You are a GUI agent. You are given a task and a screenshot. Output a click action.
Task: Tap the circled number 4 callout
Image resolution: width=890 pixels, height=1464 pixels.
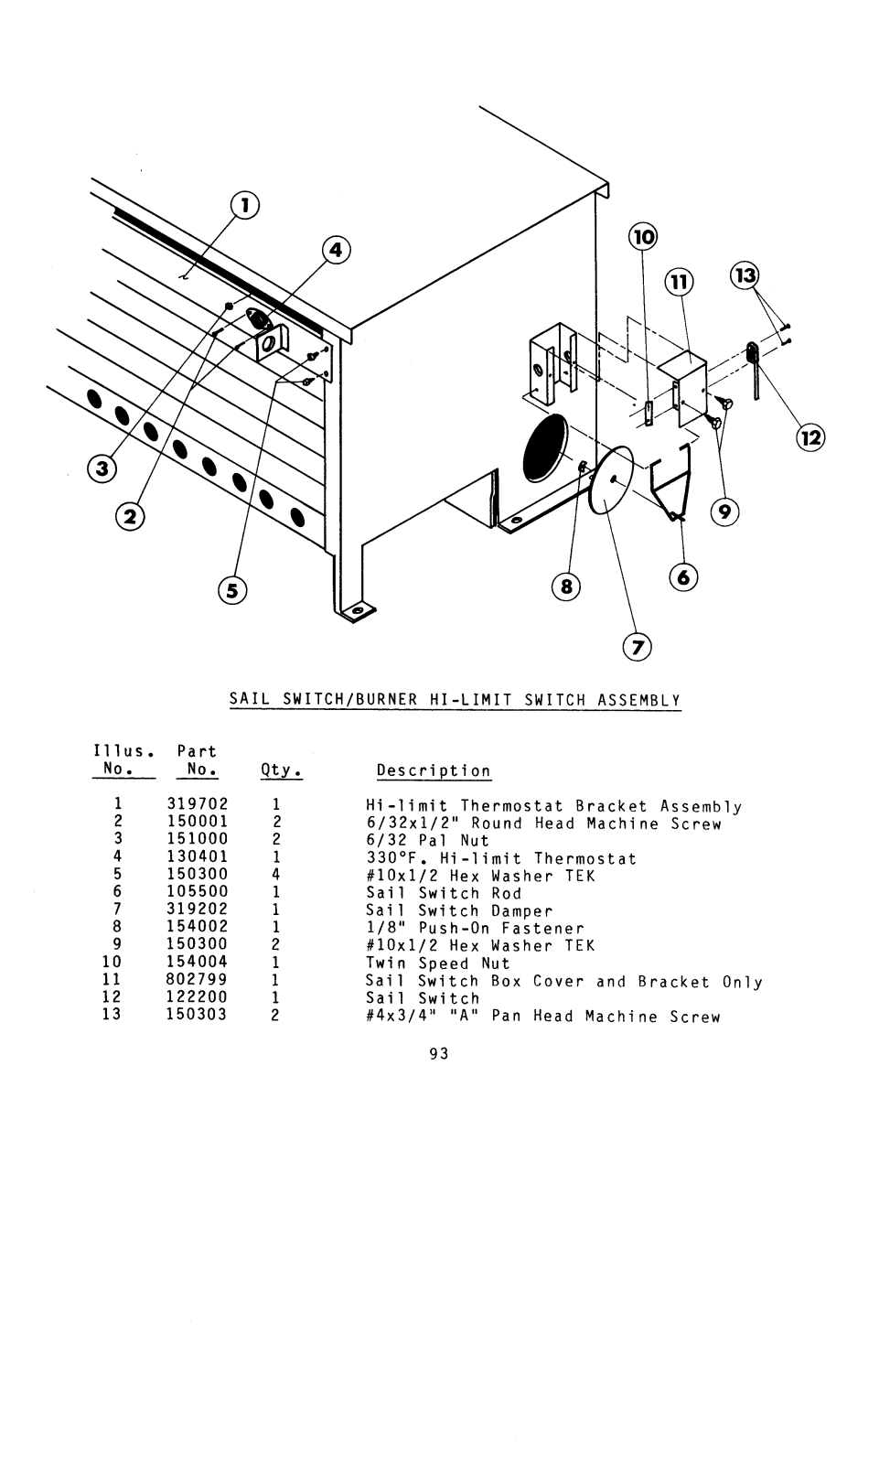337,249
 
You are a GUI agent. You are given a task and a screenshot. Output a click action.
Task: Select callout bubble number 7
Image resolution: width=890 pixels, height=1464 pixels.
637,647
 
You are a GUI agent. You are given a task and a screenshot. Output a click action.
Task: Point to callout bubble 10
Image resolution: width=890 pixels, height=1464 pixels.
643,237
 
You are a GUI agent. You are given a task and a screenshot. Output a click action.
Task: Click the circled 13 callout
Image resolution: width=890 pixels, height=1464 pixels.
745,275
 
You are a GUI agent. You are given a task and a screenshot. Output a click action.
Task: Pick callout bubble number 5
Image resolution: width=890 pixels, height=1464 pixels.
232,591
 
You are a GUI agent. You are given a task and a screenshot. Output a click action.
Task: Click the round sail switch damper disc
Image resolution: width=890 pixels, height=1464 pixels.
612,481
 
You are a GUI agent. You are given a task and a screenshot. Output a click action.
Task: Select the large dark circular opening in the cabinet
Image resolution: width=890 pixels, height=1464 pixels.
545,447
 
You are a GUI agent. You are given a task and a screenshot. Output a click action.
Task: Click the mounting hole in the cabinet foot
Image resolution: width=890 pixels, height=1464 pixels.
358,609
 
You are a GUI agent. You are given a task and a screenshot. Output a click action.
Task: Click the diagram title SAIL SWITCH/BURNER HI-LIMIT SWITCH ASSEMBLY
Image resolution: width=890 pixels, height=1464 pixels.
455,701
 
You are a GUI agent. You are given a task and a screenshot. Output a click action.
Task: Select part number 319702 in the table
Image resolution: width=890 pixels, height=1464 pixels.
197,806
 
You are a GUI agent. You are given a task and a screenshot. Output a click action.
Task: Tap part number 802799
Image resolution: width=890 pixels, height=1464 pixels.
197,980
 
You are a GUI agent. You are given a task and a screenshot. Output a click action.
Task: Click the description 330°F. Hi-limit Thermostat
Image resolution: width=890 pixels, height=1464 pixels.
501,859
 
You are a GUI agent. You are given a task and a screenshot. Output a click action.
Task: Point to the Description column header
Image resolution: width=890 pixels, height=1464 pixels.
434,771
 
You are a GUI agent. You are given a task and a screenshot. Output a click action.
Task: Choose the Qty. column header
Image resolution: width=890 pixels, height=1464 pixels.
281,770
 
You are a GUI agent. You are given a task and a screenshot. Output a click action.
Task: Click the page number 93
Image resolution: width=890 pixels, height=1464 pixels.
439,1054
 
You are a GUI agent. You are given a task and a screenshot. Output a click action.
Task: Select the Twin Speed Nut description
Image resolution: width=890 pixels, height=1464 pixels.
438,963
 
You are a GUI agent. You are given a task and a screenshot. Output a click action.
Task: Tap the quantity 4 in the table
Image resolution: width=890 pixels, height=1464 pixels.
275,876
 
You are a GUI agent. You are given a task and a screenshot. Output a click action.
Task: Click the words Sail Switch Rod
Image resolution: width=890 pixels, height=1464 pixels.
444,893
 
